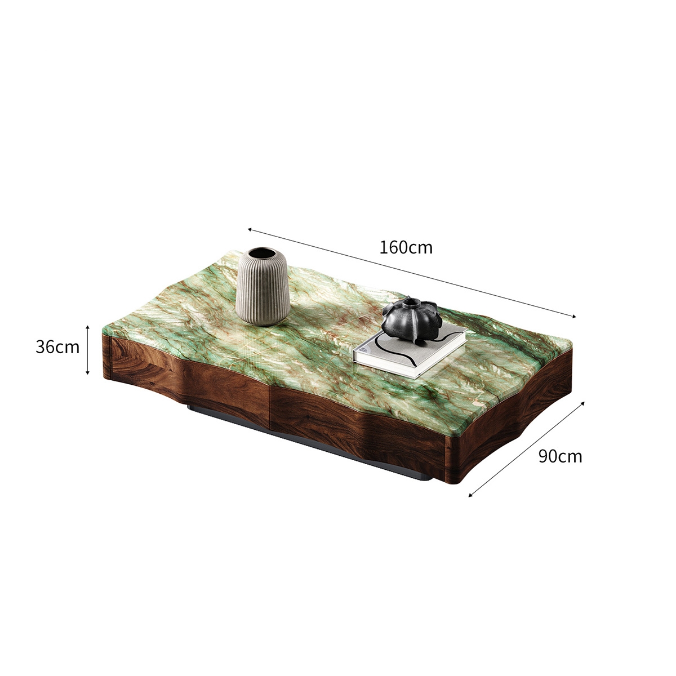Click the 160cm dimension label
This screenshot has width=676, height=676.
(x=406, y=247)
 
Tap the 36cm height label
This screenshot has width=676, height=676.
(x=57, y=347)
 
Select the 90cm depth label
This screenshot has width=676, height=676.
(x=560, y=456)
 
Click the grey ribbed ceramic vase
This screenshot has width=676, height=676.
(x=263, y=290)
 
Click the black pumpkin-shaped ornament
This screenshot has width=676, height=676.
(x=410, y=321)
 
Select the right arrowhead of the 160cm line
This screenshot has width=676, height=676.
(x=575, y=317)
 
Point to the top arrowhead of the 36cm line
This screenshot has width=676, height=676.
(x=87, y=327)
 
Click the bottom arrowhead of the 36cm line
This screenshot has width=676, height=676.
(x=87, y=372)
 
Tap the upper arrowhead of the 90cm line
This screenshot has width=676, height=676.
(x=583, y=403)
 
